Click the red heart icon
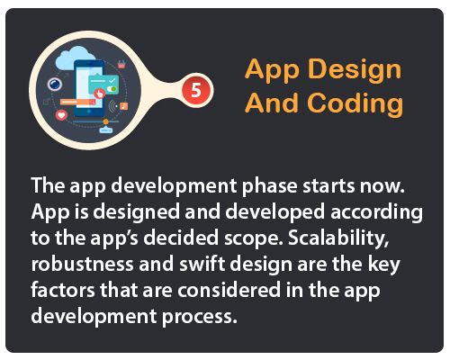62,115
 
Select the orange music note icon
125,107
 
